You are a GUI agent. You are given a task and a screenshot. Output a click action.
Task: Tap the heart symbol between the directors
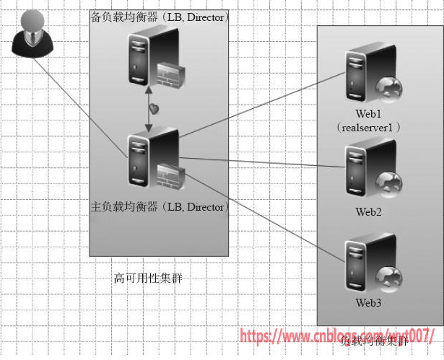(x=154, y=109)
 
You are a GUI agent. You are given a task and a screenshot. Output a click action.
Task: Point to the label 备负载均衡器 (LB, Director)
(x=159, y=16)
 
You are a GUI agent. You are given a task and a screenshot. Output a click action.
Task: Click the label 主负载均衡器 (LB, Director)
(x=159, y=207)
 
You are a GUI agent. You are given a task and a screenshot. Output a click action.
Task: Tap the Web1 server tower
(x=361, y=75)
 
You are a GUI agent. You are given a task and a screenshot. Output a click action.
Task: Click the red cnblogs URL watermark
(x=336, y=336)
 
